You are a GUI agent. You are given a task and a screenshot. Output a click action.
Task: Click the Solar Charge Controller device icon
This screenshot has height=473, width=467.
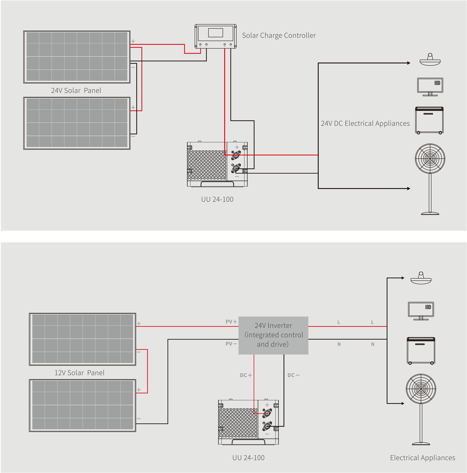pyautogui.click(x=216, y=36)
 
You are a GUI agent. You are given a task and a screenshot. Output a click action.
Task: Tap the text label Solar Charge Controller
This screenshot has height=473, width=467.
pyautogui.click(x=279, y=35)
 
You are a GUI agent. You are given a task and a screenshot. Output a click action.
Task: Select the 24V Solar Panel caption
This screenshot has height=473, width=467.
pyautogui.click(x=76, y=91)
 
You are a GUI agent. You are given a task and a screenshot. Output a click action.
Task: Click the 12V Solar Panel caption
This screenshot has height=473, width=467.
pyautogui.click(x=79, y=373)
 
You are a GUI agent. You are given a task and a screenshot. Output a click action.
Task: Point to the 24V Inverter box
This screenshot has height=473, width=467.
pyautogui.click(x=273, y=335)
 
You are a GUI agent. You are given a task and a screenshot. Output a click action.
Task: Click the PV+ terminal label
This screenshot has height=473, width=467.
pyautogui.click(x=231, y=322)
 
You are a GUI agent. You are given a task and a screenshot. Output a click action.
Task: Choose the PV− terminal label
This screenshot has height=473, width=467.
pyautogui.click(x=231, y=344)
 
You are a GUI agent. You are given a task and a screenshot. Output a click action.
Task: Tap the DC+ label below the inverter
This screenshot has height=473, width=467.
pyautogui.click(x=246, y=375)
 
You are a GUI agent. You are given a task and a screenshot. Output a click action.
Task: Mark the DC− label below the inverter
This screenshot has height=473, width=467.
pyautogui.click(x=293, y=375)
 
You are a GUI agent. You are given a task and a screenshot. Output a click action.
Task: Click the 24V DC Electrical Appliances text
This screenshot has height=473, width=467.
pyautogui.click(x=365, y=123)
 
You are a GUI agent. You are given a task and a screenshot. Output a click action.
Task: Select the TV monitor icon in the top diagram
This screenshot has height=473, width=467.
pyautogui.click(x=430, y=86)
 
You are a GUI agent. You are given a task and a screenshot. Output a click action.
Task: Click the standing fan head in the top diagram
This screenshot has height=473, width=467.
pyautogui.click(x=430, y=158)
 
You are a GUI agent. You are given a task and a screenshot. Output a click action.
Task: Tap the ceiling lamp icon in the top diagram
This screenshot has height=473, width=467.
pyautogui.click(x=430, y=60)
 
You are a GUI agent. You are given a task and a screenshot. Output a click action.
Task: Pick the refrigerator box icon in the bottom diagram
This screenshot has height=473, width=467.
pyautogui.click(x=421, y=350)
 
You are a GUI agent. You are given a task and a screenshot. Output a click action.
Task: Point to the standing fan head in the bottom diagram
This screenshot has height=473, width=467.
pyautogui.click(x=421, y=389)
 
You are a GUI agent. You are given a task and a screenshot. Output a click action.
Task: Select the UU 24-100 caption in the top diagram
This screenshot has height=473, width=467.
pyautogui.click(x=217, y=199)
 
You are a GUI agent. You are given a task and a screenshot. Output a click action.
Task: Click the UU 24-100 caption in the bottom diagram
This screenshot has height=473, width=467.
pyautogui.click(x=248, y=458)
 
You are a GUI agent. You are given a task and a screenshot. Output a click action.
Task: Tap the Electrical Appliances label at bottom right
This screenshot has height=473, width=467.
pyautogui.click(x=422, y=458)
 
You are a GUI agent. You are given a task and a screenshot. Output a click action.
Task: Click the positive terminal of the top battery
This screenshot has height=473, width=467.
pyautogui.click(x=236, y=155)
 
